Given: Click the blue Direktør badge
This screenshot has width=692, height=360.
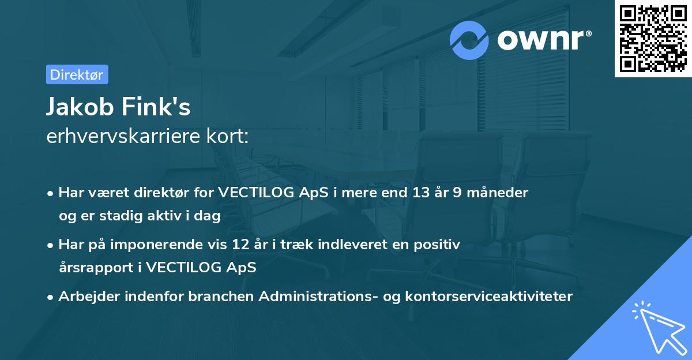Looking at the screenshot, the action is (x=77, y=74).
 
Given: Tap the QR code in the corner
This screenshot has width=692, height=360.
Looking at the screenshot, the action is (x=653, y=39).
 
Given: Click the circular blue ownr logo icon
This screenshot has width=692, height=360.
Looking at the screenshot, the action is (x=469, y=40).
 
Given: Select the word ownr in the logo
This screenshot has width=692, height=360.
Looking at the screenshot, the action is (x=540, y=40).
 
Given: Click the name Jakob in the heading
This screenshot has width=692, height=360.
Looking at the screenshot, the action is (x=80, y=107).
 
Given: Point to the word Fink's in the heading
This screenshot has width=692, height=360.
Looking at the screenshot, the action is (x=156, y=106).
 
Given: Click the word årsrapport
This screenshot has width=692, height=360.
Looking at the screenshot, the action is (x=96, y=268).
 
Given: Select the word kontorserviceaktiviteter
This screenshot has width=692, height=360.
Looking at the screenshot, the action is (x=489, y=297).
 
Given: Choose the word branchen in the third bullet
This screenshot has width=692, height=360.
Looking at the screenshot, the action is (x=221, y=297).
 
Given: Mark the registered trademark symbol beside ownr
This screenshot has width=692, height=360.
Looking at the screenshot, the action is (x=588, y=33).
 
